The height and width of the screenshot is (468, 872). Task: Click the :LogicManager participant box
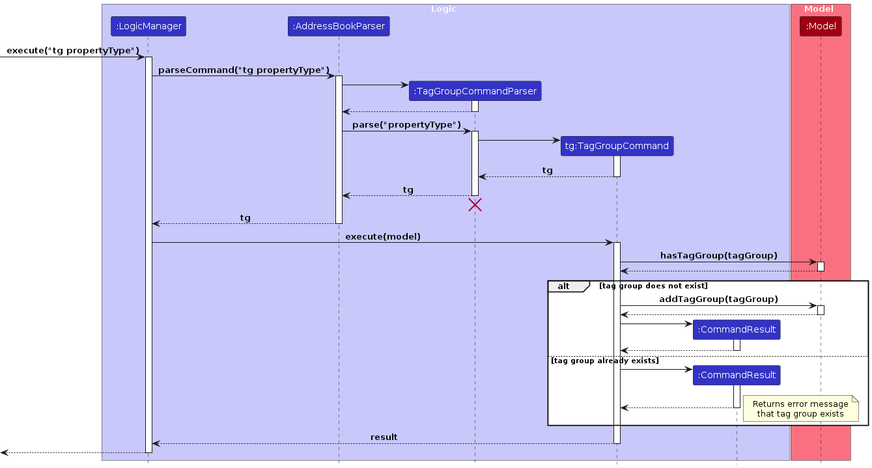(148, 26)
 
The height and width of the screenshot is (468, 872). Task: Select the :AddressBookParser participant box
(339, 26)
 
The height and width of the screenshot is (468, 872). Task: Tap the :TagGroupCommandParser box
(475, 91)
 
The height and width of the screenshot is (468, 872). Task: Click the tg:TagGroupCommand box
(617, 146)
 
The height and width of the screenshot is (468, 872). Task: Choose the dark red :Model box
(820, 26)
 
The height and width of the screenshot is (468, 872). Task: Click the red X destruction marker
(475, 205)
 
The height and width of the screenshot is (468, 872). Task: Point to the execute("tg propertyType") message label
(73, 51)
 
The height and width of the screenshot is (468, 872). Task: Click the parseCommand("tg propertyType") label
(244, 70)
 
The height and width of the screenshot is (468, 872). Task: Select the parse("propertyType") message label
(406, 125)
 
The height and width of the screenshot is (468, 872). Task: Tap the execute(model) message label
(383, 236)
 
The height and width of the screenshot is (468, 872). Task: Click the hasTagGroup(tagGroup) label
(718, 256)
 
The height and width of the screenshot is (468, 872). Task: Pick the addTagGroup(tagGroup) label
(718, 299)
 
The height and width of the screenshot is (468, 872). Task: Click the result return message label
(384, 437)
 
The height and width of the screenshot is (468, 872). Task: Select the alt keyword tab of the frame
(564, 286)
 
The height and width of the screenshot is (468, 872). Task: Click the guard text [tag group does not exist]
(653, 286)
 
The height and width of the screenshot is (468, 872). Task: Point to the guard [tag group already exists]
(604, 361)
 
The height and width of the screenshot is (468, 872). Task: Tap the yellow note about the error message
(800, 409)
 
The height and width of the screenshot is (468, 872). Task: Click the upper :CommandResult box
(737, 330)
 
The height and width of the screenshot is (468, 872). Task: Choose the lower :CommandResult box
(737, 375)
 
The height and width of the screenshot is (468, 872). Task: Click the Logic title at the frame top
(443, 9)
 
